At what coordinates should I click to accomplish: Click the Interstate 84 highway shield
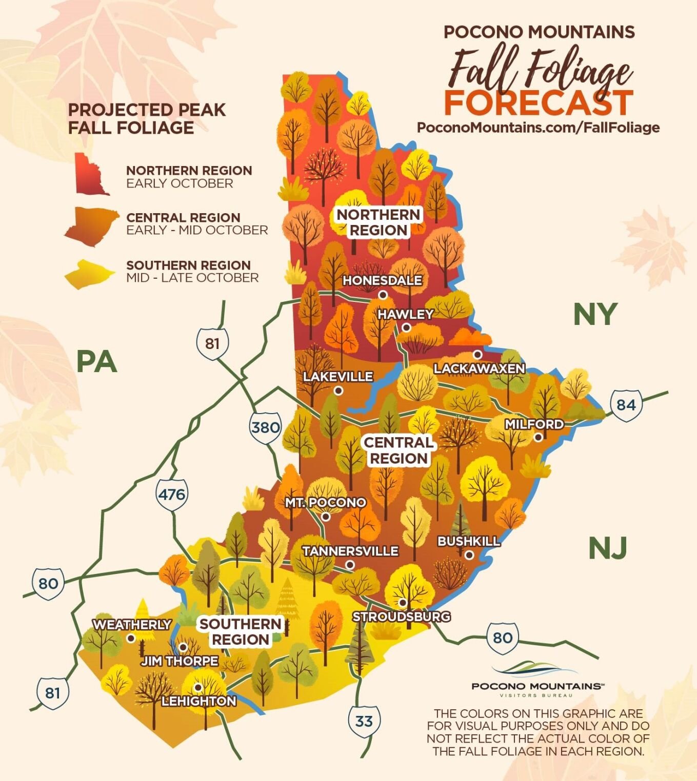click(x=626, y=405)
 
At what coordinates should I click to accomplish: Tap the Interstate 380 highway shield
click(x=265, y=427)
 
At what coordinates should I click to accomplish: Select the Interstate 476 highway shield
click(x=171, y=495)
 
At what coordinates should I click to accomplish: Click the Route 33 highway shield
click(x=364, y=721)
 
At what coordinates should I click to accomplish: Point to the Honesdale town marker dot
click(x=383, y=295)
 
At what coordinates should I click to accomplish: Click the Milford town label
click(x=534, y=424)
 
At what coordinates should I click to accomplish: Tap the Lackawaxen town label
click(x=479, y=368)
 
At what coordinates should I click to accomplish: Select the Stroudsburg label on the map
click(x=401, y=616)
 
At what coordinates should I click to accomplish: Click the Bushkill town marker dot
click(x=469, y=554)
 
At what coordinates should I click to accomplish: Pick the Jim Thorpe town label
click(x=180, y=661)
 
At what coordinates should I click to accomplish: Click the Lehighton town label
click(x=199, y=701)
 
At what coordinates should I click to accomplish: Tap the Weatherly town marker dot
click(x=131, y=638)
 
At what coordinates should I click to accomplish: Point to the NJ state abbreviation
click(x=607, y=548)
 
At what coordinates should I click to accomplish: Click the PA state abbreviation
click(x=96, y=361)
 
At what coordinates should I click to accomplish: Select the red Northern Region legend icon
click(x=91, y=174)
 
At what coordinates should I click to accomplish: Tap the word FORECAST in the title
click(x=538, y=102)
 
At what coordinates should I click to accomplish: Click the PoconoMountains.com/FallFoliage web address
click(x=538, y=128)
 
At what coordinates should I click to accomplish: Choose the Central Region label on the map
click(x=399, y=450)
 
